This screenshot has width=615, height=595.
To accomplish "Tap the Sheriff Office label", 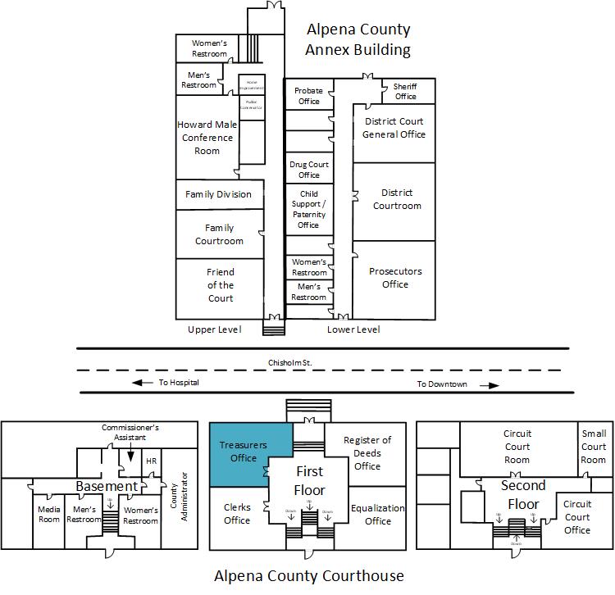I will point(405,91).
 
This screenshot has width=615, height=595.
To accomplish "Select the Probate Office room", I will point(308,96).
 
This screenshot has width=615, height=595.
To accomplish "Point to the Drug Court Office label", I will point(309,169).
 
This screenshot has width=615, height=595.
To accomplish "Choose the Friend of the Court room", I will point(220,285).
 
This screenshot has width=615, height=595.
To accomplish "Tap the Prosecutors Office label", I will point(394,278).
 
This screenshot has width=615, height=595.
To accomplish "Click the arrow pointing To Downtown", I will point(490,384).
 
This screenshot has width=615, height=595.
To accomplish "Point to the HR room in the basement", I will point(151,461).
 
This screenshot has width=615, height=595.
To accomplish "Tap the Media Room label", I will point(49,515).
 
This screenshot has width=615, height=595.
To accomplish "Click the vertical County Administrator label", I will point(179,495).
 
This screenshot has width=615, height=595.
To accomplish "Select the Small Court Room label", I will point(594,447).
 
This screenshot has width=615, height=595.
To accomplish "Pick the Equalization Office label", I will point(378,514).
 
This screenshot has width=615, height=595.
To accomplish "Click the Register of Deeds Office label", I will point(367,453).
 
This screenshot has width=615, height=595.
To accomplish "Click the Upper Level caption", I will point(215,329).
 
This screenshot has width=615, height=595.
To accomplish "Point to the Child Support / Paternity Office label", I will point(308,210).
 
